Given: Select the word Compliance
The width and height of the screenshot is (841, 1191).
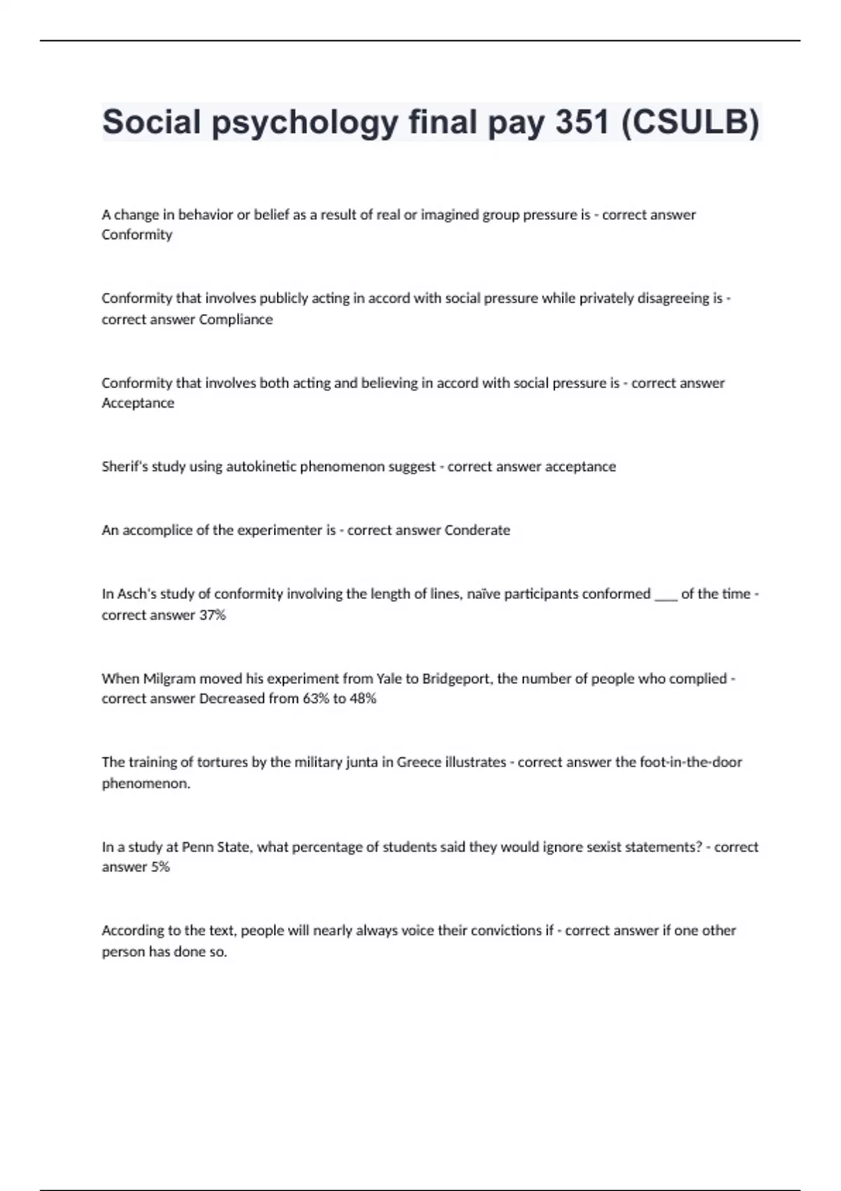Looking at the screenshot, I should (x=236, y=319).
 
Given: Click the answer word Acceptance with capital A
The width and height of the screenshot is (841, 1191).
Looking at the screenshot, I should (x=138, y=403).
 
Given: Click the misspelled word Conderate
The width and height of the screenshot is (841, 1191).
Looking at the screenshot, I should (x=477, y=530).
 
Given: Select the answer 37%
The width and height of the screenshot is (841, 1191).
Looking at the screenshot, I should (x=212, y=615).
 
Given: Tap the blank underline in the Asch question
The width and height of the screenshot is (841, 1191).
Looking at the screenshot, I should (x=665, y=595).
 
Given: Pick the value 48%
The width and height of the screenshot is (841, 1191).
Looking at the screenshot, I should (x=362, y=698).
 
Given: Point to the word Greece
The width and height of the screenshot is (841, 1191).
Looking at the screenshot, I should (x=418, y=762).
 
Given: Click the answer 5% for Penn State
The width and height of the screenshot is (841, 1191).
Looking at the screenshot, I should (x=160, y=867).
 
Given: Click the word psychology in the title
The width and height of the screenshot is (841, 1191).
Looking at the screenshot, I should (x=305, y=123).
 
